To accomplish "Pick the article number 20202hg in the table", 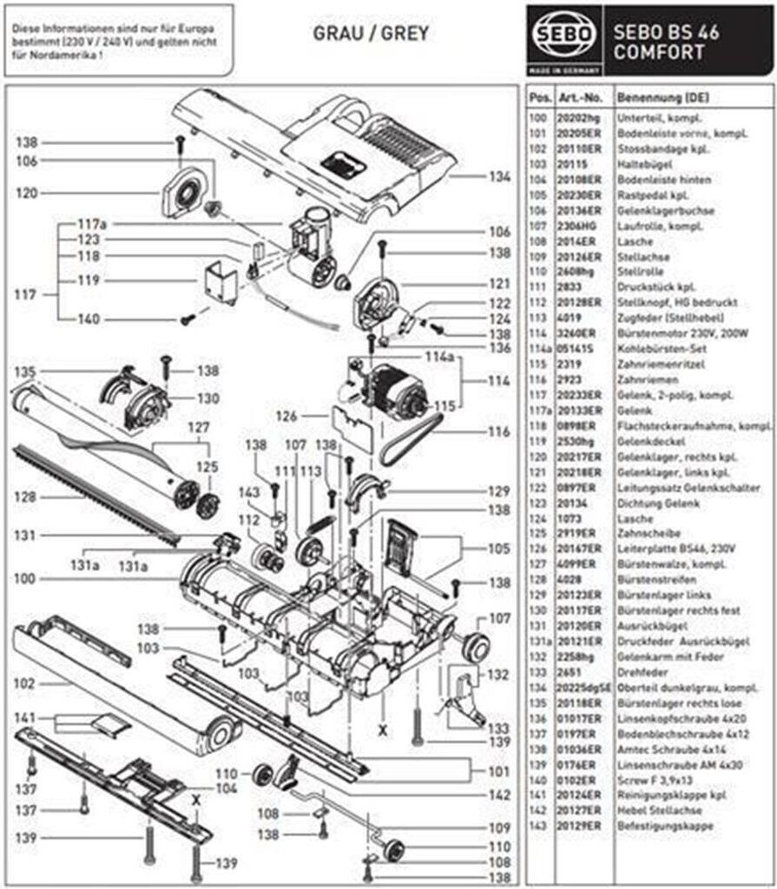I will pyautogui.click(x=576, y=117).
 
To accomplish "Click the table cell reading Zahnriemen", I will pyautogui.click(x=642, y=380).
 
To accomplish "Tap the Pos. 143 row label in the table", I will pyautogui.click(x=538, y=826).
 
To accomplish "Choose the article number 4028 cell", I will pyautogui.click(x=569, y=580).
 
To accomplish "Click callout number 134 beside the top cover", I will pyautogui.click(x=499, y=176).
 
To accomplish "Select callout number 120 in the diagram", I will pyautogui.click(x=27, y=194).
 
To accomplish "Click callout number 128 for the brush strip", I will pyautogui.click(x=27, y=497).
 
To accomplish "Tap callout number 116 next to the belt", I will pyautogui.click(x=499, y=431).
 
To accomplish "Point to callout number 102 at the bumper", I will pyautogui.click(x=27, y=682).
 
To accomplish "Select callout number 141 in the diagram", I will pyautogui.click(x=27, y=718).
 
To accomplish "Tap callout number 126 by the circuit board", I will pyautogui.click(x=287, y=417).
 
